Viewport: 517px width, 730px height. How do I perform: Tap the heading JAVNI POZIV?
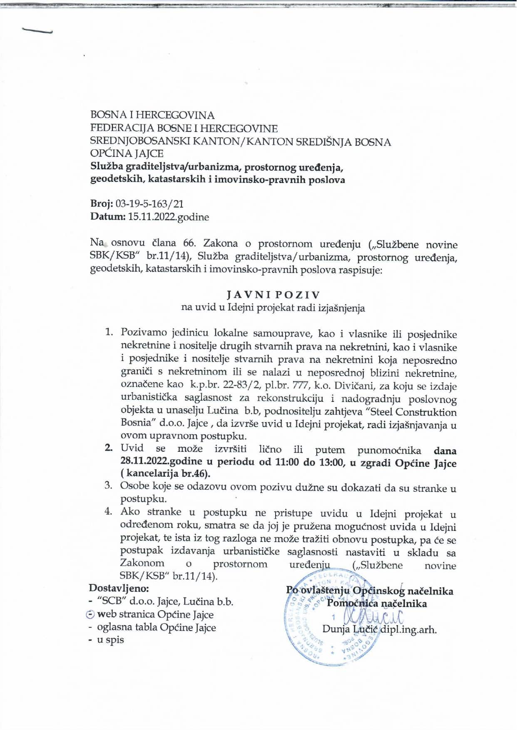tap(273, 295)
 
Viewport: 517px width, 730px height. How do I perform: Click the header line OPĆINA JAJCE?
tap(127, 154)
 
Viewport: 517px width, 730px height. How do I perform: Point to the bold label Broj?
tap(102, 204)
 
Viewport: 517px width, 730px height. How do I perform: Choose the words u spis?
tap(110, 640)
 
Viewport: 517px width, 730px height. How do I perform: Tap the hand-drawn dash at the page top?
tap(37, 32)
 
